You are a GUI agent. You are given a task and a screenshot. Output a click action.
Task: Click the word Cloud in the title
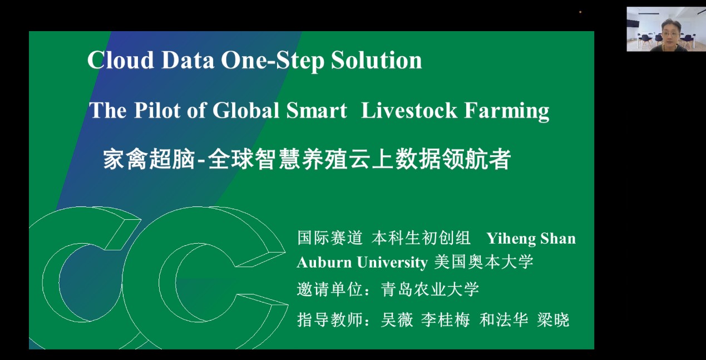point(121,60)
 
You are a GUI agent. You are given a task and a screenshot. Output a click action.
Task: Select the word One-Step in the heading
point(273,61)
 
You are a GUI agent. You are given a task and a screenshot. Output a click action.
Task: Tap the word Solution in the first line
point(376,60)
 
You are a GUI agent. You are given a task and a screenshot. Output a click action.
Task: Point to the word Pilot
point(157,110)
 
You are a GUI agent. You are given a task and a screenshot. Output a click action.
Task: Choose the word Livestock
point(409,110)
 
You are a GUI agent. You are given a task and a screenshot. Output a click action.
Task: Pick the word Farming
point(507,111)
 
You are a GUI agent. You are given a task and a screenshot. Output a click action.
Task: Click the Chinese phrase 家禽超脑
point(149,159)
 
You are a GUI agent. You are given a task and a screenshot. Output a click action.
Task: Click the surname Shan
point(558,239)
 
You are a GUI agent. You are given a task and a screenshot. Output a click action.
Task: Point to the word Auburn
point(324,262)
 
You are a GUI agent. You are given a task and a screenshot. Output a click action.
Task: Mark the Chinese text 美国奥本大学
point(484,262)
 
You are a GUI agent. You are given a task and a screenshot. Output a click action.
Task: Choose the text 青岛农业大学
point(430,289)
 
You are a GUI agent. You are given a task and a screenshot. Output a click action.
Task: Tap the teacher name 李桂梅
point(445,319)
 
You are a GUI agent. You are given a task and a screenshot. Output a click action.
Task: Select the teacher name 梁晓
point(553,319)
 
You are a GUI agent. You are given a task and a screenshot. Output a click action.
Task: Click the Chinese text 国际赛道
point(330,238)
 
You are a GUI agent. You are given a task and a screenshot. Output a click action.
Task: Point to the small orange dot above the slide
point(580,12)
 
